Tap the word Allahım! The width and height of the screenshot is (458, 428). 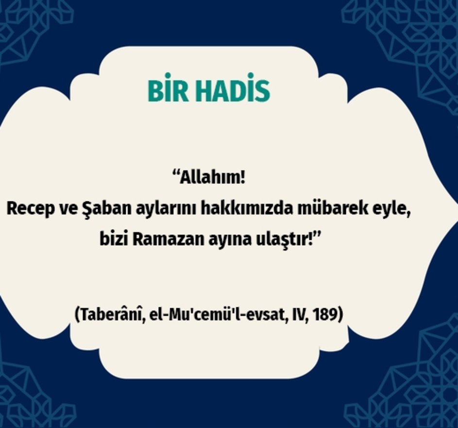212,178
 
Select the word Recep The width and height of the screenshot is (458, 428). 27,209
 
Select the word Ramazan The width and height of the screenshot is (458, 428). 168,240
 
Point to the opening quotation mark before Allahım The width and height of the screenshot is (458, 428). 175,174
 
